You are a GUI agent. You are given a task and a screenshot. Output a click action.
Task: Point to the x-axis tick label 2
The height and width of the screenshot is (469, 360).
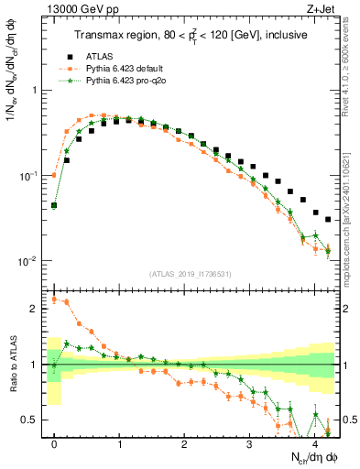(184, 442)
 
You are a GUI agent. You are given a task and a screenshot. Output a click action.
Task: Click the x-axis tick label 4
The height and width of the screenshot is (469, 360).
(314, 442)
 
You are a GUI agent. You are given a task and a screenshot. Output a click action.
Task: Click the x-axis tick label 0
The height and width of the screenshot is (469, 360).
(54, 442)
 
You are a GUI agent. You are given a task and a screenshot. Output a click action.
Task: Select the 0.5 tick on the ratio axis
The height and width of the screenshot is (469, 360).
(30, 420)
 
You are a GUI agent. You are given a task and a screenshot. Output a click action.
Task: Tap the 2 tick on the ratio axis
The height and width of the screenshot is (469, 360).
(35, 309)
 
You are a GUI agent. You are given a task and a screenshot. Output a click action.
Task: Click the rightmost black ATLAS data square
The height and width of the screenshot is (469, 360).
(328, 219)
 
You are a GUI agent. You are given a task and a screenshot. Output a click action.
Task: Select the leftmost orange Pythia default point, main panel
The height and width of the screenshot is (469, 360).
(54, 175)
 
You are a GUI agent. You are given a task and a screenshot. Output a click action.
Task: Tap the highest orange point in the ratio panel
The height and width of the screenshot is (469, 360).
(54, 299)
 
